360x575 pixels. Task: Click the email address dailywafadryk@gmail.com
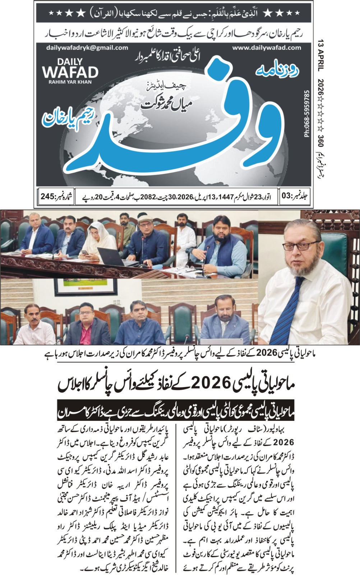coord(87,47)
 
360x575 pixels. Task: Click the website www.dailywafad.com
coord(266,47)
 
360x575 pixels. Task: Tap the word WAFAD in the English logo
coord(70,72)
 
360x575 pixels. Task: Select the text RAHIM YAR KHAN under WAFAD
coord(70,82)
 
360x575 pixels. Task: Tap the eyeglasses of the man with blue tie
coord(300,247)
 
